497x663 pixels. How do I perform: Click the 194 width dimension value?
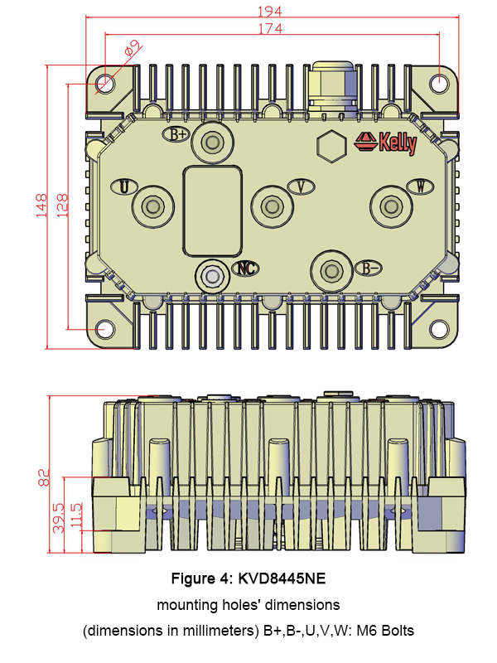(269, 11)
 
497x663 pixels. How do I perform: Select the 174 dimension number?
(270, 28)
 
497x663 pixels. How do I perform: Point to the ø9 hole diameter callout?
(133, 48)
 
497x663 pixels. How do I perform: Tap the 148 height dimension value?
(41, 206)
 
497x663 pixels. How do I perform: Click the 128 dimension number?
(62, 206)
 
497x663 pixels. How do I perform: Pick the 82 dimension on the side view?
(44, 477)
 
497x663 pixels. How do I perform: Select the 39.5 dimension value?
(59, 517)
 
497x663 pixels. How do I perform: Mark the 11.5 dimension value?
(76, 515)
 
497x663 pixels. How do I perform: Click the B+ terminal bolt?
(213, 142)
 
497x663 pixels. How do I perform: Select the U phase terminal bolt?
(152, 206)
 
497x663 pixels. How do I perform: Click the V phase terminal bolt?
(272, 206)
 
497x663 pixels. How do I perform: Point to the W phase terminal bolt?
(391, 206)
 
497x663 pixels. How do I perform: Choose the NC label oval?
(246, 268)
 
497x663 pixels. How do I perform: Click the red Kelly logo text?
(398, 143)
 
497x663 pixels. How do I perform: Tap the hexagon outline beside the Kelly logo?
(332, 146)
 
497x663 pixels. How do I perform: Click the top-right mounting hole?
(439, 83)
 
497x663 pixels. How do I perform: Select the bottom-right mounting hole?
(439, 329)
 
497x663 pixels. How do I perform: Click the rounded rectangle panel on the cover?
(213, 211)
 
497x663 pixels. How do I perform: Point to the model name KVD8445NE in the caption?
(282, 578)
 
